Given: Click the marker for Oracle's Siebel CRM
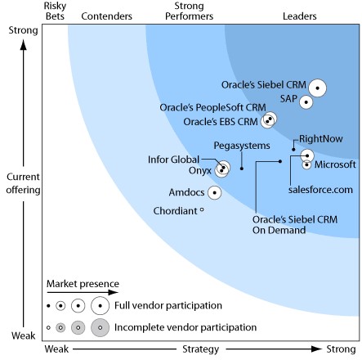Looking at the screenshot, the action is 317,88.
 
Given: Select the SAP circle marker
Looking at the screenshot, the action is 306,102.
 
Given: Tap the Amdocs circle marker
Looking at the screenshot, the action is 215,192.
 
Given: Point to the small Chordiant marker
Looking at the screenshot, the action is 202,209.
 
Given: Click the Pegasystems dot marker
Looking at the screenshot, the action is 242,169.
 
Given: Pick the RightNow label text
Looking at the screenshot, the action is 321,139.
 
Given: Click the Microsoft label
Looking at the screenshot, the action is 335,164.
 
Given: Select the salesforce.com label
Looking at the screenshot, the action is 320,190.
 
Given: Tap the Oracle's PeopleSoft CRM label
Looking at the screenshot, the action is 212,107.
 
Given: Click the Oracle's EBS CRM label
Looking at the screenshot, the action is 221,122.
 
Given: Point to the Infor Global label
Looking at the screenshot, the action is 173,160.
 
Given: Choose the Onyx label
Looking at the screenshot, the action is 200,171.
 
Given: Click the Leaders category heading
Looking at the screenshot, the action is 300,16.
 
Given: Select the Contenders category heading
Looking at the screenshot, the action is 107,16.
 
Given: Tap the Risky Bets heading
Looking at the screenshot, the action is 55,11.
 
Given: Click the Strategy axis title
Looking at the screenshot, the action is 201,349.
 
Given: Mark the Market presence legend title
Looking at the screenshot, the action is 83,284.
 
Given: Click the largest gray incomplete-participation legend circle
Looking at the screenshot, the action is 101,327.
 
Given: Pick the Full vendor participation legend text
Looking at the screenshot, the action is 168,305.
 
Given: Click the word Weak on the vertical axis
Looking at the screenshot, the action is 24,335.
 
